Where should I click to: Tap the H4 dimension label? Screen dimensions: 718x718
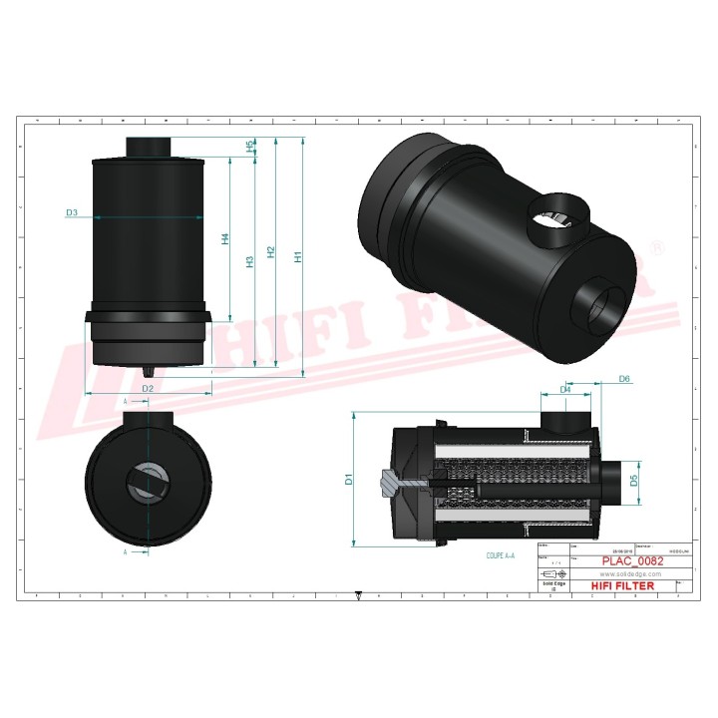[x=225, y=238]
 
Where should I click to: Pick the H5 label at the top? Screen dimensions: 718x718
[x=249, y=147]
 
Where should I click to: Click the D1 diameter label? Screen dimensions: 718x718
[x=349, y=479]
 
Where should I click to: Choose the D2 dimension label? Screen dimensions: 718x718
[x=147, y=387]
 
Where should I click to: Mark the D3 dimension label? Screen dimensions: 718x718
[x=72, y=213]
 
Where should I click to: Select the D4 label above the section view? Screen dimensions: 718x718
[x=565, y=389]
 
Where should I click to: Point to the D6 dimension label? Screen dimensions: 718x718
[x=624, y=379]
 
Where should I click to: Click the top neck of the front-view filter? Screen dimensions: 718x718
[x=149, y=147]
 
